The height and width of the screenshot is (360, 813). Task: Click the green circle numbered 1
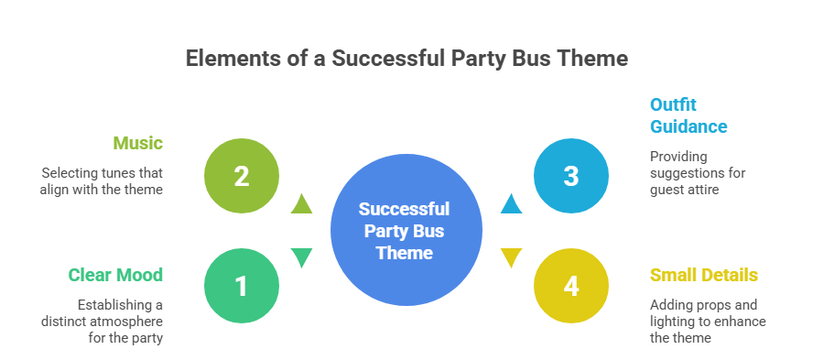[242, 286]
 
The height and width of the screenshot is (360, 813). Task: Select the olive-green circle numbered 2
[242, 176]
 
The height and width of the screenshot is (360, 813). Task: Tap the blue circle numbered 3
[571, 176]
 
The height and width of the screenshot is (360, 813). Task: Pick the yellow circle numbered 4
[571, 286]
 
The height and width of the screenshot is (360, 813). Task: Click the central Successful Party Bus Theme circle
[406, 231]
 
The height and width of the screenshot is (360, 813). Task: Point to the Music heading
[137, 143]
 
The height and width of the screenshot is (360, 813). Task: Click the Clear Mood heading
[115, 275]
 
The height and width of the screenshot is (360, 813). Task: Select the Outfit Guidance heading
[688, 115]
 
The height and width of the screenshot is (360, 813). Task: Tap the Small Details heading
[704, 275]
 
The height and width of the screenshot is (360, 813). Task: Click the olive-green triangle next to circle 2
[301, 204]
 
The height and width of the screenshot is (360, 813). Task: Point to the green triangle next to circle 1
[301, 258]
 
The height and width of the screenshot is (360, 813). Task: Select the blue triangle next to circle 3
[511, 204]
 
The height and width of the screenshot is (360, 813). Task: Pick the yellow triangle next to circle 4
[511, 258]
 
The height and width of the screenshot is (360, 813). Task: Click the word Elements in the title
[226, 59]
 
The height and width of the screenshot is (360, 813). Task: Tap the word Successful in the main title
[389, 59]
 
